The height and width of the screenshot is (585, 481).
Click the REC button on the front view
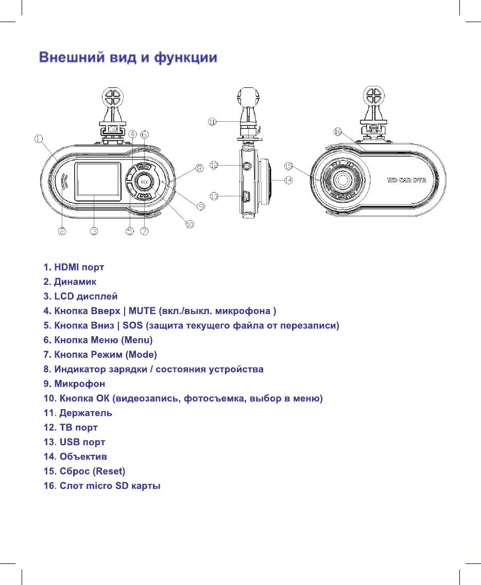[x=144, y=182]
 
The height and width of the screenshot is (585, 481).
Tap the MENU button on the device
[x=144, y=167]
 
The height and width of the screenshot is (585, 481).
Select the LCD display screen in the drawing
[x=97, y=181]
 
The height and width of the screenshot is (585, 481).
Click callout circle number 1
[x=39, y=138]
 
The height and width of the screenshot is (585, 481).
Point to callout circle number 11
[x=212, y=121]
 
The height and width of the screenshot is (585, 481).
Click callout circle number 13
[x=214, y=196]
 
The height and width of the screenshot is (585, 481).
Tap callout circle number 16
[x=337, y=132]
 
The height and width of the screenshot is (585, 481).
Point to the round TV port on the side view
[x=247, y=166]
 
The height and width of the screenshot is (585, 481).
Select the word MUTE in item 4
[x=142, y=311]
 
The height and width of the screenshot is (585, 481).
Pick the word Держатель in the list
[x=86, y=413]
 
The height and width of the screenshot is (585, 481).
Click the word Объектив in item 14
[x=83, y=456]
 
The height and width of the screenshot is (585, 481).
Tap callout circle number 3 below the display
[x=94, y=232]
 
